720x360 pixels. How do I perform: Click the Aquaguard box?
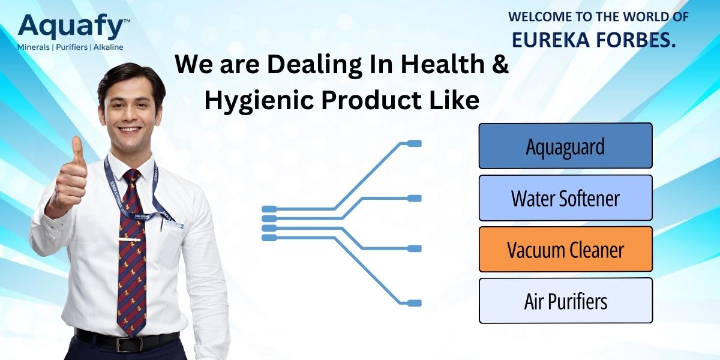coord(565,146)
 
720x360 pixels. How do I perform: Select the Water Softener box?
coord(565,197)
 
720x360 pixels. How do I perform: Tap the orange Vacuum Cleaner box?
coord(565,249)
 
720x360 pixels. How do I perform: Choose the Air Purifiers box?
coord(565,301)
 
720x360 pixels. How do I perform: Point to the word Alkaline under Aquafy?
coord(109,47)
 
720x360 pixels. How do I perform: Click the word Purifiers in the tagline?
coord(71,47)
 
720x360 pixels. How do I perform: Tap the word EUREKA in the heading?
coord(551,40)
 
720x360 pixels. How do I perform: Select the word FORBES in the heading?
coord(636,40)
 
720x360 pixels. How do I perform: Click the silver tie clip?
coord(129,239)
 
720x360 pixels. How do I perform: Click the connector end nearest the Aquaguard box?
coord(415,143)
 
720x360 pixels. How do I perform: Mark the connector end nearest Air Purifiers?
coord(415,303)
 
